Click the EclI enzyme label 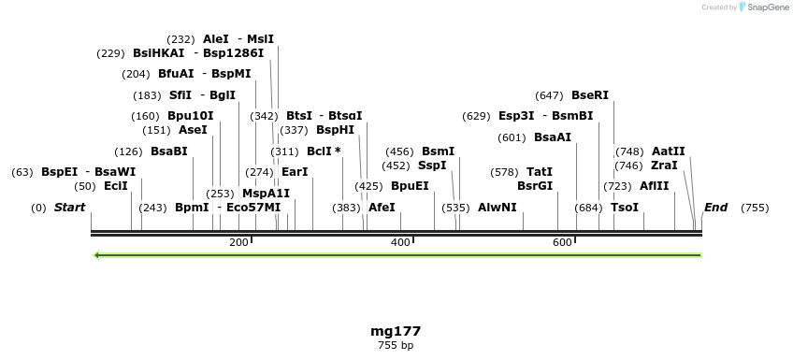point(116,186)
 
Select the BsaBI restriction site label point(169,151)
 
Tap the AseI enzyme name point(193,130)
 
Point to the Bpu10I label point(191,116)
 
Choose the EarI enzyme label point(295,172)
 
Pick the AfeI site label point(382,208)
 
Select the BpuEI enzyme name point(410,186)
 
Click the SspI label point(432,166)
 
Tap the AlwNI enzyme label point(497,208)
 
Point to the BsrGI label point(535,186)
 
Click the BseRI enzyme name point(590,95)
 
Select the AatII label point(669,151)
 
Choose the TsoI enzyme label point(625,208)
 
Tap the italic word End point(716,208)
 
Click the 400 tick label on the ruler point(400,242)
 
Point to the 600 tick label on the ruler point(562,242)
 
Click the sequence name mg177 point(396,331)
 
